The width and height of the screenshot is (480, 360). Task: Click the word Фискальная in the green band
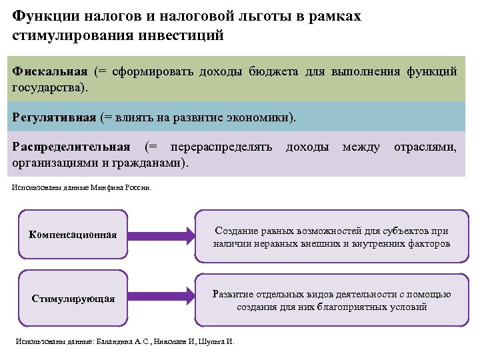click(x=50, y=71)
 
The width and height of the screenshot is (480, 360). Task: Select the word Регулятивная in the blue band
click(x=55, y=117)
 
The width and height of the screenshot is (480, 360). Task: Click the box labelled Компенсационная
click(x=73, y=234)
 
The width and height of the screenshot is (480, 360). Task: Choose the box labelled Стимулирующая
click(x=73, y=298)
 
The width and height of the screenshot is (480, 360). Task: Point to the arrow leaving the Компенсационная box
click(x=159, y=234)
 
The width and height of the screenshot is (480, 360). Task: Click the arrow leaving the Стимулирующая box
click(x=159, y=298)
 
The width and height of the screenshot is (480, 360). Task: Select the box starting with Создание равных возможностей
click(x=331, y=237)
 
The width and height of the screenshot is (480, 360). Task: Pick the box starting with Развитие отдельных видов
click(x=331, y=301)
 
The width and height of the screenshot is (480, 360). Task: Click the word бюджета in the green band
click(x=277, y=71)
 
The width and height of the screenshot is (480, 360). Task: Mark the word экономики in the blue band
click(x=257, y=117)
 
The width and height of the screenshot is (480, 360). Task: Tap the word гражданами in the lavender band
click(x=144, y=162)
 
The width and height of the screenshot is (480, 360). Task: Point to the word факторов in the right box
click(x=427, y=243)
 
